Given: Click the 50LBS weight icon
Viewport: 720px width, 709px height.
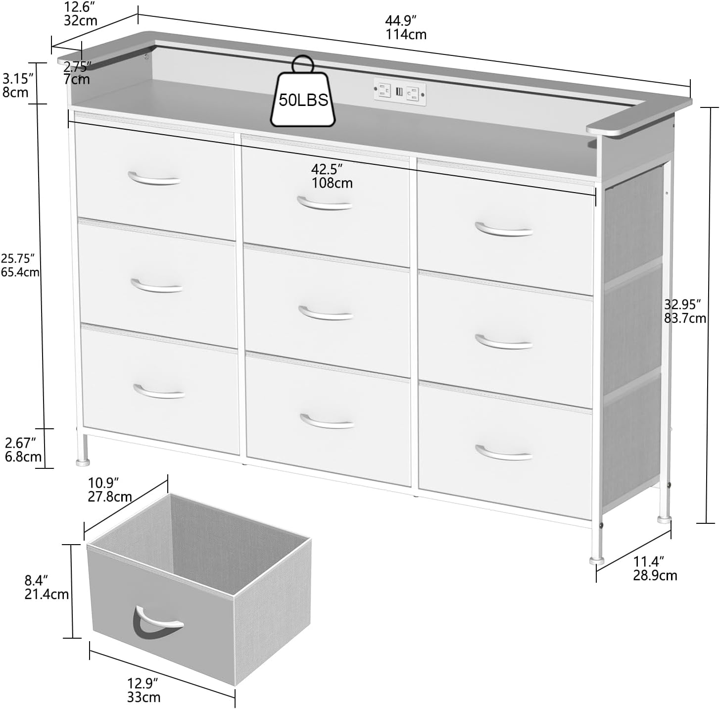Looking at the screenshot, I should (302, 99).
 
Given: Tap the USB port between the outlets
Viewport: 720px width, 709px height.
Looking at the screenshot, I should (399, 92).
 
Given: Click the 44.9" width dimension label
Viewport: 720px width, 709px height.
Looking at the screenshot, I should (400, 21).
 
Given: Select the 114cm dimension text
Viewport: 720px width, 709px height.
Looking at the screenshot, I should (406, 35).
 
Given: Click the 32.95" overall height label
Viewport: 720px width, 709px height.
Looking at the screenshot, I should (683, 304).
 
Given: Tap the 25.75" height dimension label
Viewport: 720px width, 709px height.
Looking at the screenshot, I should (18, 258).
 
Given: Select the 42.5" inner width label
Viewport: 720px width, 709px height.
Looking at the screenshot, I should (327, 169).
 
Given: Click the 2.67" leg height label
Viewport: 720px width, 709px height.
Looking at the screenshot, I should (20, 442).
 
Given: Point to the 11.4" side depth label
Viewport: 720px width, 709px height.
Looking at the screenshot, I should (648, 561).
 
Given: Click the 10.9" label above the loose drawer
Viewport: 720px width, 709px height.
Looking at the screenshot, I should (104, 482).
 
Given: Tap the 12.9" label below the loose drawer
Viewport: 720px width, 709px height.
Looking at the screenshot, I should (143, 683).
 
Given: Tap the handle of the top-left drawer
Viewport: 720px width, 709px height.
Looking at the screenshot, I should (154, 179).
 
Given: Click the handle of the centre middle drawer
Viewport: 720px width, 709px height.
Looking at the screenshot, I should (325, 313).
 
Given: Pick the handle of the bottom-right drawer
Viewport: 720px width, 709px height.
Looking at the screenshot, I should (504, 453).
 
